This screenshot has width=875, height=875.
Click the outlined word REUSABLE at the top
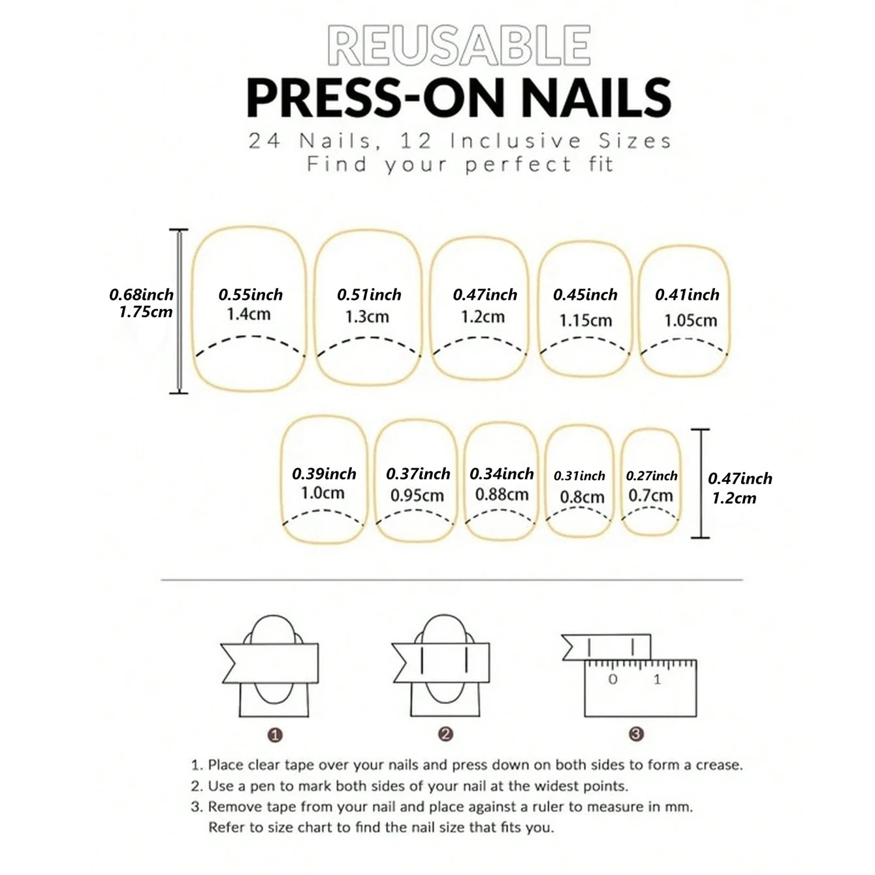click(458, 46)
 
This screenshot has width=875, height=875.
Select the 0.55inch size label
click(250, 294)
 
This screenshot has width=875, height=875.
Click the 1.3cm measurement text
click(367, 317)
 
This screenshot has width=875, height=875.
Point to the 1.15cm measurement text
click(585, 321)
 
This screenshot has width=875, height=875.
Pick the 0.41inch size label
click(687, 294)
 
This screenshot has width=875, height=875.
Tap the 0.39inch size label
click(324, 473)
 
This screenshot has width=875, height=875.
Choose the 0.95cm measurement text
click(417, 495)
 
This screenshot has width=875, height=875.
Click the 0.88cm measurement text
click(501, 494)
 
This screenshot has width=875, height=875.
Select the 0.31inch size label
click(579, 476)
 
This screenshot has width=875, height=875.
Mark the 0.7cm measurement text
click(650, 495)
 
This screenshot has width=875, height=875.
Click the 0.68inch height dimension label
click(141, 294)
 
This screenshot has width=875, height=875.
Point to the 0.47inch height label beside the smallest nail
click(740, 478)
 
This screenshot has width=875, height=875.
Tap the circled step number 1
click(275, 735)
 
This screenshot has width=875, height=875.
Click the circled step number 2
click(445, 734)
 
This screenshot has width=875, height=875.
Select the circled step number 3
click(636, 734)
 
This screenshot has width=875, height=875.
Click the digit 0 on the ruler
click(613, 679)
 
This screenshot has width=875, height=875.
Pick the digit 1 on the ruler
click(657, 679)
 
